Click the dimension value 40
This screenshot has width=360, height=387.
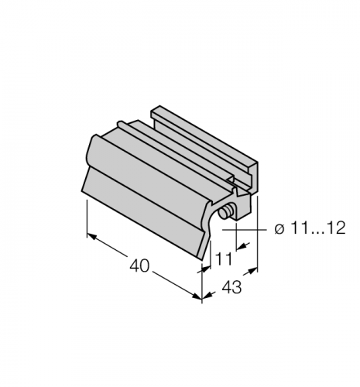(x=139, y=265)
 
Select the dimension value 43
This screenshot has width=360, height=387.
(x=231, y=287)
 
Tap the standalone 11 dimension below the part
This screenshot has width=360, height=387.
(x=224, y=259)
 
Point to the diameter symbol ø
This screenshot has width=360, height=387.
(x=279, y=228)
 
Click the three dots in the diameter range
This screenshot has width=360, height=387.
(x=316, y=233)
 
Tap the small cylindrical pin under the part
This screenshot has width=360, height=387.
(x=225, y=212)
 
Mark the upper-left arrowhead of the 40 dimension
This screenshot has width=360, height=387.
(x=92, y=236)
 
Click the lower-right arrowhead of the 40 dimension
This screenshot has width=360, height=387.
(x=197, y=296)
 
